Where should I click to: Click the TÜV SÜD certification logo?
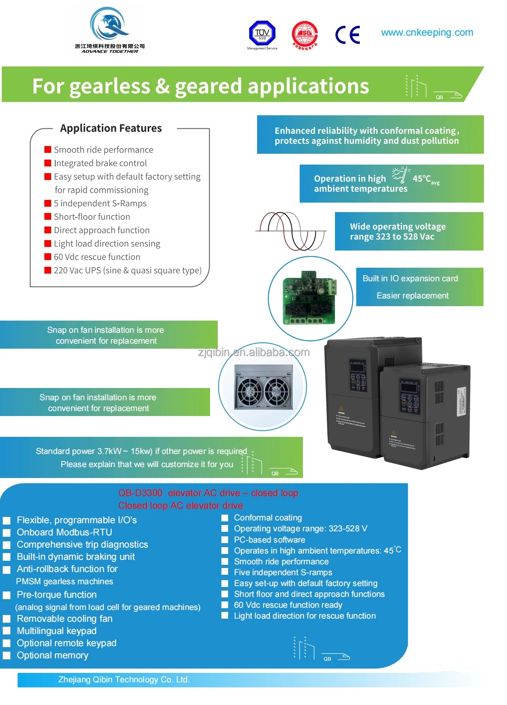(262, 33)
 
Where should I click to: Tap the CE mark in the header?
(348, 34)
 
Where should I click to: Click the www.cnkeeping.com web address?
(427, 33)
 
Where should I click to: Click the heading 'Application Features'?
(111, 128)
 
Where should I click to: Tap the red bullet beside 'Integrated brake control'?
(48, 163)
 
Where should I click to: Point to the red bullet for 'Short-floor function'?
(48, 217)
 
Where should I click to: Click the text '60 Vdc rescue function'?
(97, 257)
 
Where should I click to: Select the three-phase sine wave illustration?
(291, 231)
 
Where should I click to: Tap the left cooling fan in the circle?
(250, 391)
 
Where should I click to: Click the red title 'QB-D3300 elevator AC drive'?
(208, 493)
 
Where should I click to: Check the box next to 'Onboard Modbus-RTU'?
(7, 533)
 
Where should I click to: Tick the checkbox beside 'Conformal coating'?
(225, 518)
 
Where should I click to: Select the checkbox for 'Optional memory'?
(7, 656)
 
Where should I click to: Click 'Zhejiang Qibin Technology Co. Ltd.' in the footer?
(124, 680)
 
